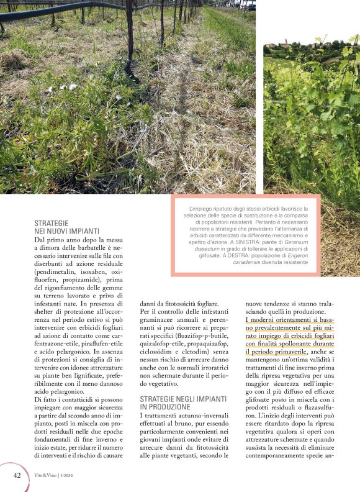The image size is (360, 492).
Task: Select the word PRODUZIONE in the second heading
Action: point(166,406)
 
